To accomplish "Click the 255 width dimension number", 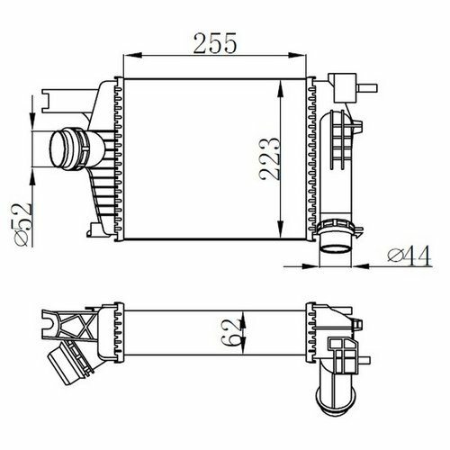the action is click(x=215, y=43).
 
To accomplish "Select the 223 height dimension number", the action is click(x=270, y=159).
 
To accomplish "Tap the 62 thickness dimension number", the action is click(x=230, y=331).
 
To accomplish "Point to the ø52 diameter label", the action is click(x=22, y=225).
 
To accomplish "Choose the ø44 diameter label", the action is click(x=409, y=256).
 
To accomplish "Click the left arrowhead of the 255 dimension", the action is click(x=132, y=55).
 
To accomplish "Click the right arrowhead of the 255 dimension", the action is click(x=297, y=55).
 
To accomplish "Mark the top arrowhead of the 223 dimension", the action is click(x=280, y=88).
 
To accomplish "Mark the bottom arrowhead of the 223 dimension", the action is click(x=280, y=229).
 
